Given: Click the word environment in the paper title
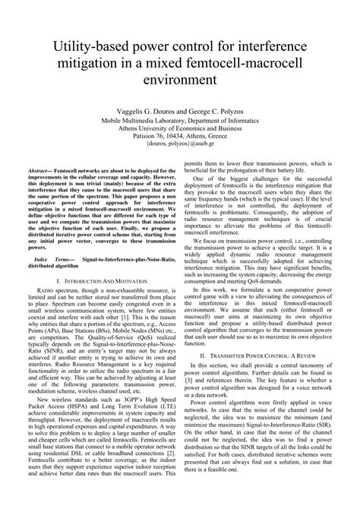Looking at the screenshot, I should [x=180, y=78].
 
